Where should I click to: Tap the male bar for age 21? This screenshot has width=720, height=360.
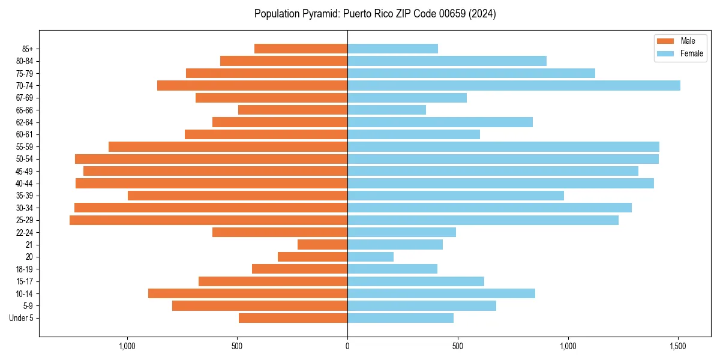pyautogui.click(x=322, y=245)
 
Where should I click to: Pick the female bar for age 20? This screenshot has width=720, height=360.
pyautogui.click(x=370, y=257)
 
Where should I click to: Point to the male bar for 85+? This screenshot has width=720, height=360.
pyautogui.click(x=301, y=49)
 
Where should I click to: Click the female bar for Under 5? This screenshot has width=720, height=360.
pyautogui.click(x=400, y=318)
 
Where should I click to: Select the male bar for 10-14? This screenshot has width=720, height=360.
pyautogui.click(x=248, y=293)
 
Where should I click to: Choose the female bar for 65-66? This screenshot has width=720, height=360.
pyautogui.click(x=386, y=110)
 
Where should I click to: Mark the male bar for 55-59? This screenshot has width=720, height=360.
pyautogui.click(x=228, y=146)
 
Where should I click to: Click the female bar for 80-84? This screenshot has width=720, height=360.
pyautogui.click(x=447, y=61)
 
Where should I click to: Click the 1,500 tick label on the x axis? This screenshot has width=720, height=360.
pyautogui.click(x=678, y=346)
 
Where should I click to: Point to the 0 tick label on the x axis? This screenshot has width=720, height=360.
pyautogui.click(x=347, y=346)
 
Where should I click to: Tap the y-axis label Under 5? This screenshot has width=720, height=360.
pyautogui.click(x=22, y=318)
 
